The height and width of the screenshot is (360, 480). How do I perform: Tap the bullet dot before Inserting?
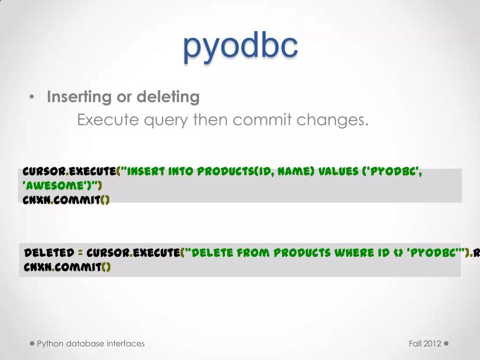click(32, 97)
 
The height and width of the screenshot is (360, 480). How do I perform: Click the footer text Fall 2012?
click(425, 344)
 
